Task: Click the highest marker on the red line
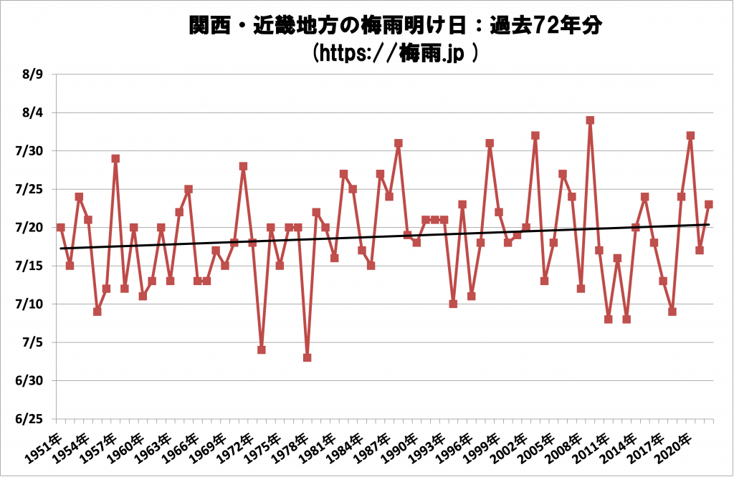pos(590,120)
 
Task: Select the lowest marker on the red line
pos(307,357)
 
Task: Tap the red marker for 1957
pos(115,158)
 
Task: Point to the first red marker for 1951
pos(61,227)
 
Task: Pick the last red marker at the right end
pos(709,204)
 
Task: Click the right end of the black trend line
pos(709,224)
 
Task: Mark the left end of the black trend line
pos(61,249)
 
